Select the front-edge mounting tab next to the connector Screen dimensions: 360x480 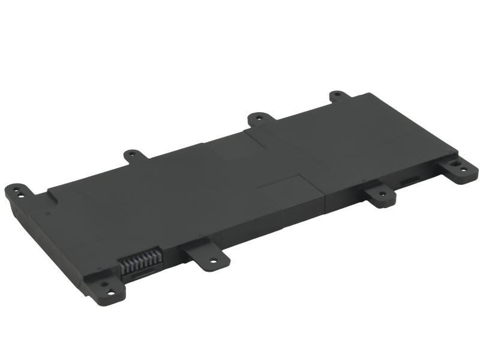[206, 254]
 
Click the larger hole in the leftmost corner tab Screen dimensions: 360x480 [20, 194]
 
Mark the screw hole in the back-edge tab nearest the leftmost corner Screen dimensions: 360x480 [133, 155]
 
